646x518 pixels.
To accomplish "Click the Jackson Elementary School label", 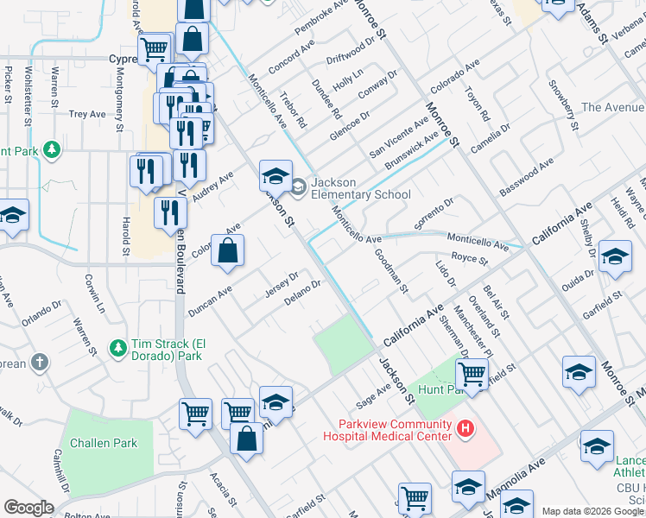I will [360, 188].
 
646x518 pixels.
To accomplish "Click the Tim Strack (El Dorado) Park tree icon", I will [118, 348].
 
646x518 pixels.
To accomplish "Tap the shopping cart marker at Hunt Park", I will [472, 373].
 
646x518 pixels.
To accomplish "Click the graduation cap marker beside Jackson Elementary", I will [275, 177].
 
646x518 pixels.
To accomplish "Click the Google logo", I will [29, 508].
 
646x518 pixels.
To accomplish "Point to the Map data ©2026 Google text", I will [592, 511].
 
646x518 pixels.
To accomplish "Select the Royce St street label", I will [471, 258].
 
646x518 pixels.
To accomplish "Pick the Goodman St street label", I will [390, 269].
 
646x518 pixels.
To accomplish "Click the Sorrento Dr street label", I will [434, 214].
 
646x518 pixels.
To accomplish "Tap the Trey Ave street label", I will [87, 114].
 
